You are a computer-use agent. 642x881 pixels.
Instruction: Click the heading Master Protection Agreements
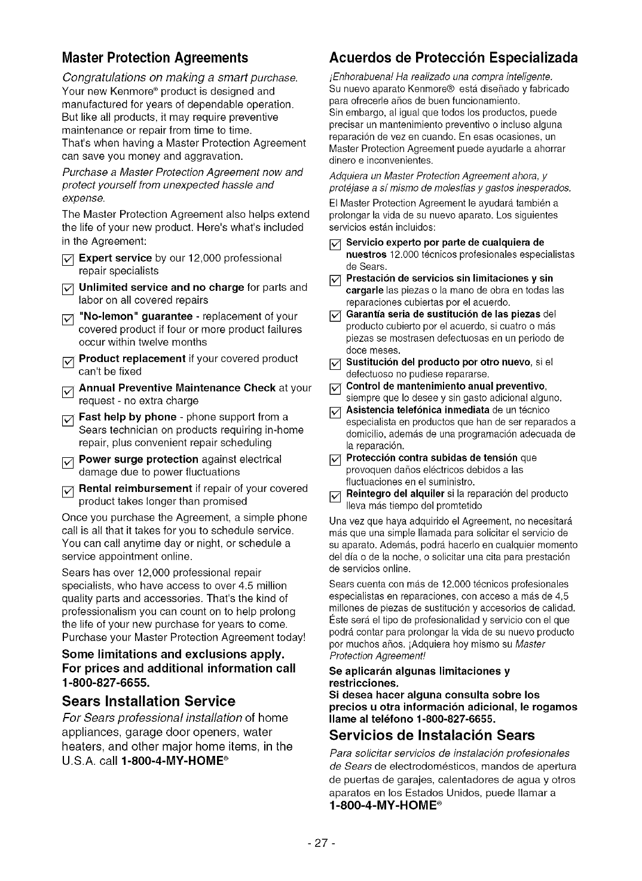(x=155, y=58)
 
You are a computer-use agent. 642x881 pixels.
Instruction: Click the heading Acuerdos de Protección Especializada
(x=454, y=58)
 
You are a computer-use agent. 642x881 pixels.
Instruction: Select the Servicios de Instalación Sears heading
(x=432, y=735)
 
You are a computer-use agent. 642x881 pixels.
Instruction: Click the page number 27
(x=320, y=842)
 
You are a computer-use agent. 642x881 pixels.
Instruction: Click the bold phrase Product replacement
(x=132, y=359)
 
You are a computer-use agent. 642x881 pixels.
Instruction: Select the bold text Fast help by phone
(x=127, y=417)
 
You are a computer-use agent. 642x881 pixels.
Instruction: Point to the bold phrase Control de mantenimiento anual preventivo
(x=447, y=385)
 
